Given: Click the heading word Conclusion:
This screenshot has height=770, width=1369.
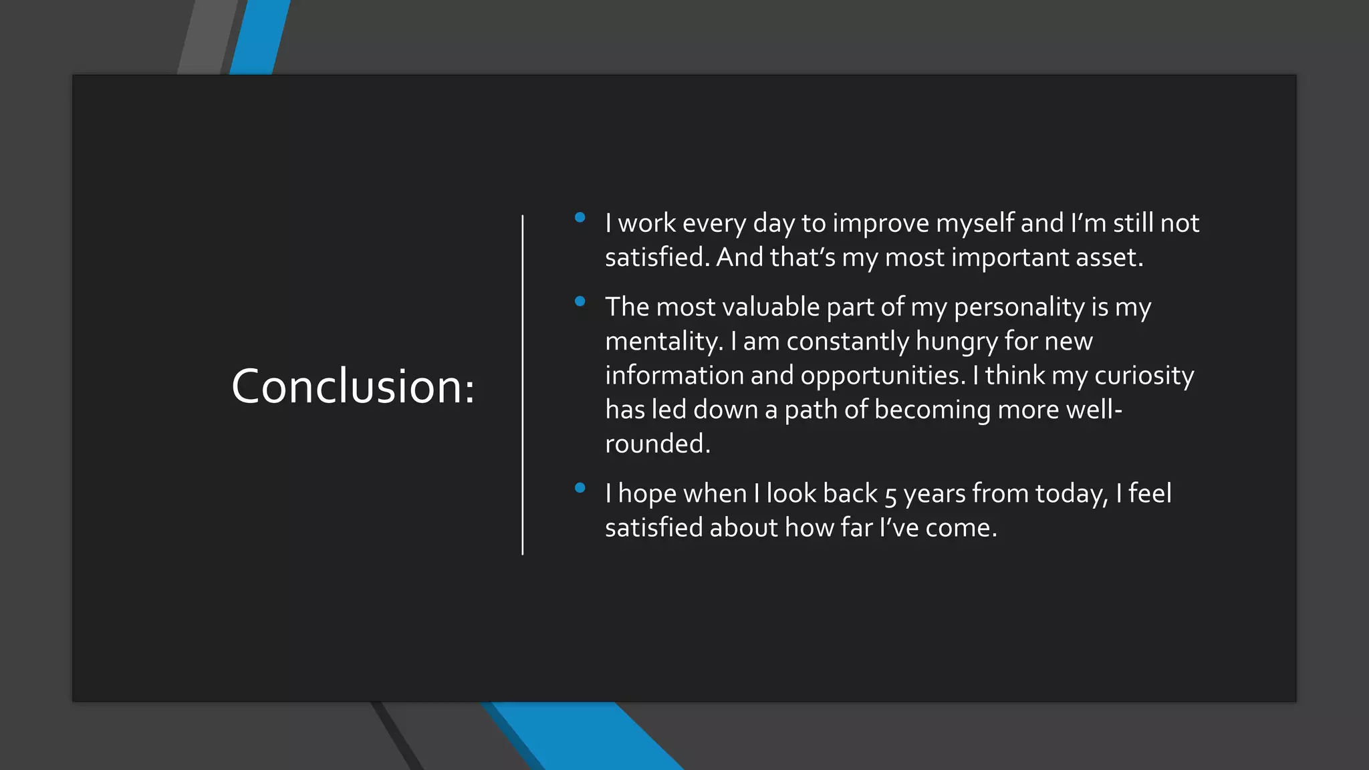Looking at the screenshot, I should (x=353, y=387).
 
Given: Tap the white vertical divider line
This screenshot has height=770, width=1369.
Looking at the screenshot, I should (x=522, y=385).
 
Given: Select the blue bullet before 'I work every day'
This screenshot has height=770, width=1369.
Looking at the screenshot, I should (x=580, y=217).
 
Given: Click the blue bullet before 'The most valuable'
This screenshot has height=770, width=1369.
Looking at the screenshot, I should (x=580, y=301).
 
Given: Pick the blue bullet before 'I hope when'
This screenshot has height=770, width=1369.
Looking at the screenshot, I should (x=580, y=488).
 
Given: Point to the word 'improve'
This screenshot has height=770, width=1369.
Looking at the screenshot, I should (x=880, y=223).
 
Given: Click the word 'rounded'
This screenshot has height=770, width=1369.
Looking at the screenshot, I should (x=654, y=444).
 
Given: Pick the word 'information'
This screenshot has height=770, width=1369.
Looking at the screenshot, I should (x=674, y=376).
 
